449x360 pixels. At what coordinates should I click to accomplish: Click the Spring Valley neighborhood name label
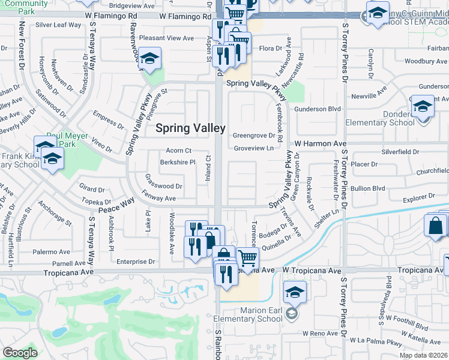pos(190,128)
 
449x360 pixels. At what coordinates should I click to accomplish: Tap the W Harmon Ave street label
pos(321,144)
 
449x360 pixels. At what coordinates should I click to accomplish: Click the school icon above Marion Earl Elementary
pos(295,293)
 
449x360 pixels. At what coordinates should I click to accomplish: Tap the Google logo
pos(20,353)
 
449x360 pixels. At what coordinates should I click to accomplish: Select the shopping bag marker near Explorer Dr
pos(435,227)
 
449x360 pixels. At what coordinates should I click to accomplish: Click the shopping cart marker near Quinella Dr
pos(247,259)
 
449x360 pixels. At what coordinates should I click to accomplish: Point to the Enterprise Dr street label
pos(136,262)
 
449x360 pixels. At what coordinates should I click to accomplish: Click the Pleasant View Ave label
pos(166,38)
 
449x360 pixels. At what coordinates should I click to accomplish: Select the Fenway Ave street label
pos(158,198)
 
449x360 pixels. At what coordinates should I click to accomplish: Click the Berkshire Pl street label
pos(178,162)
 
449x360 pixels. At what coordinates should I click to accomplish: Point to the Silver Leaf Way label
pos(58,25)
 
